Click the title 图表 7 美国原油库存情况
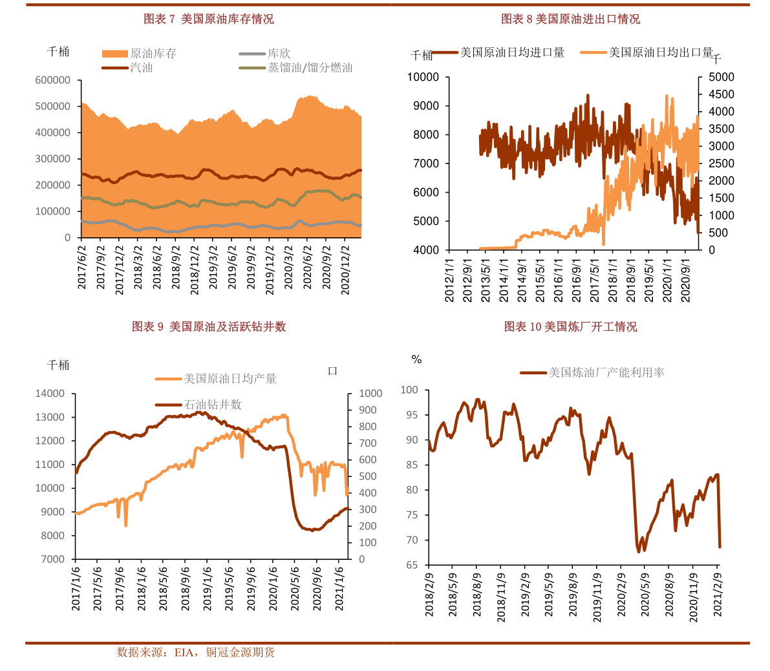(x=208, y=19)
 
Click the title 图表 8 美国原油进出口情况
(x=570, y=19)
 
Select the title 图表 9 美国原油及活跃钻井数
(x=209, y=327)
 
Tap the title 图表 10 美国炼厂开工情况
(x=570, y=327)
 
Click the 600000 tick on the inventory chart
(x=53, y=80)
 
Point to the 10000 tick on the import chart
(x=423, y=78)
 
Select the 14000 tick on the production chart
(x=50, y=394)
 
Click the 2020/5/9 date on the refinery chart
(x=645, y=594)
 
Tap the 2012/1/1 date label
(x=449, y=280)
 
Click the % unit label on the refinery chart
(x=417, y=359)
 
